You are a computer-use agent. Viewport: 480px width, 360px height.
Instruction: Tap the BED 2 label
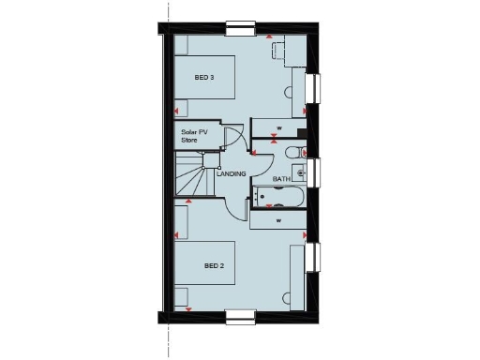point(215,266)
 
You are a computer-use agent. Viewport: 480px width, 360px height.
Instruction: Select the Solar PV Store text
point(195,136)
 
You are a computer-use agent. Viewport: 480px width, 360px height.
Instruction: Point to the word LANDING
point(231,174)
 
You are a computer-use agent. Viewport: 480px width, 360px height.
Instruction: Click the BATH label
point(281,178)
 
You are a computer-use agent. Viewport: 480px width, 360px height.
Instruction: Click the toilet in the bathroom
point(294,153)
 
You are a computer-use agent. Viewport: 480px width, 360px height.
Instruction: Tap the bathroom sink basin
point(301,172)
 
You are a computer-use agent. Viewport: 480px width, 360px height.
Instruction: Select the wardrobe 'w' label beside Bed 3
point(279,127)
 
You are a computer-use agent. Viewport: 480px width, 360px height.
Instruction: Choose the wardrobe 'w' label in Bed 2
point(279,221)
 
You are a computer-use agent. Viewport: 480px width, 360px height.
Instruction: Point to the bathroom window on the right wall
point(315,172)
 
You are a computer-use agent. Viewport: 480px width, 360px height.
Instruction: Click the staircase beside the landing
point(192,178)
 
